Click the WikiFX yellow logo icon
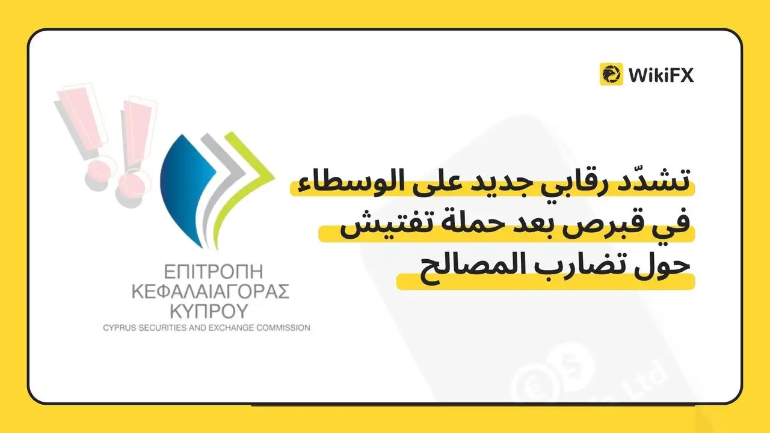click(x=611, y=74)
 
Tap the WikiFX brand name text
click(x=661, y=75)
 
